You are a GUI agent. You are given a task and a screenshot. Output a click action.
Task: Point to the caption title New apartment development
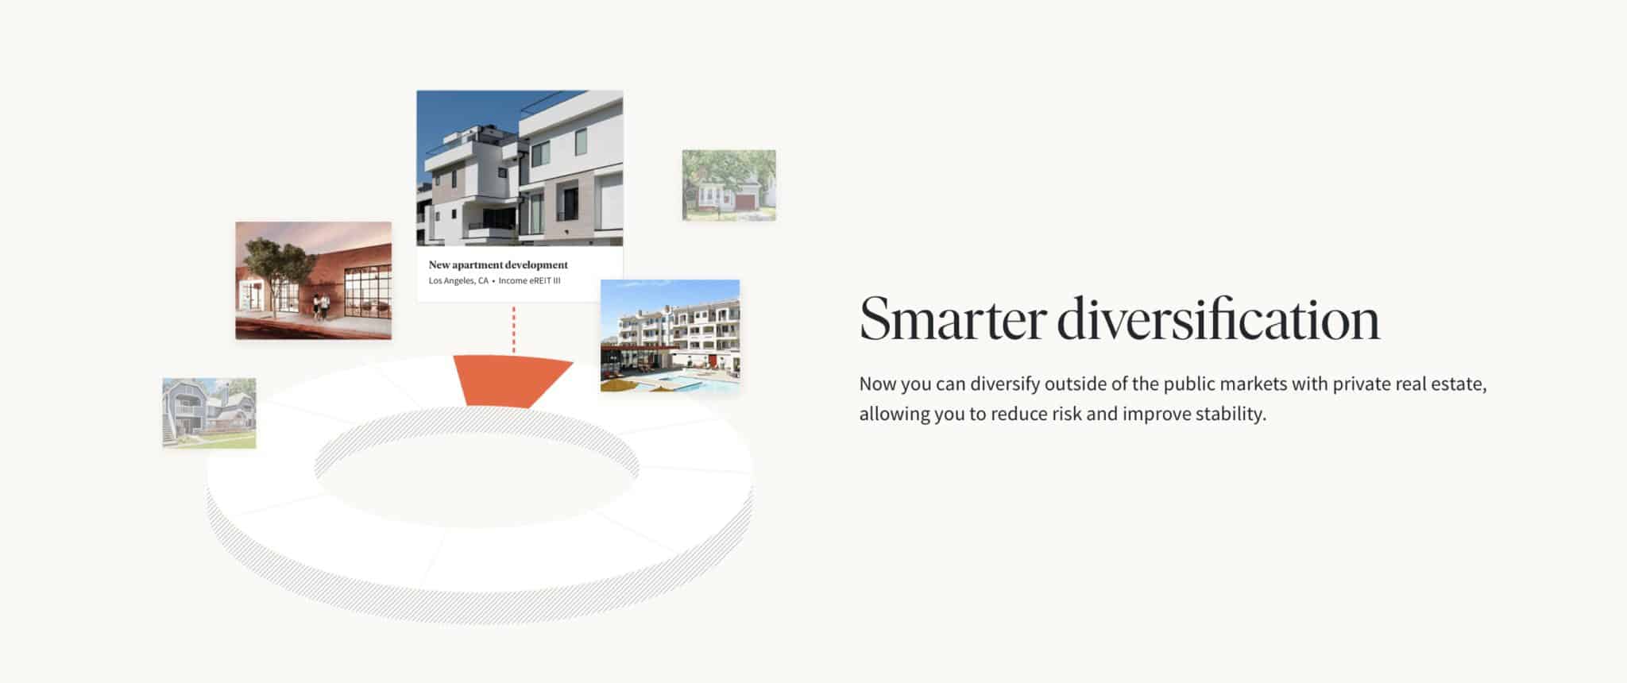pyautogui.click(x=498, y=264)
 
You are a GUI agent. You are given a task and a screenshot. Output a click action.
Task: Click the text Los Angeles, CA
pyautogui.click(x=458, y=281)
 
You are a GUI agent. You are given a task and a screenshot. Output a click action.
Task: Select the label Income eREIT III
pyautogui.click(x=530, y=281)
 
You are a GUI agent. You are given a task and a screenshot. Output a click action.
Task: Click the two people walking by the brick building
pyautogui.click(x=319, y=307)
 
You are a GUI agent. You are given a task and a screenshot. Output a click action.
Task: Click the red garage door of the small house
pyautogui.click(x=744, y=202)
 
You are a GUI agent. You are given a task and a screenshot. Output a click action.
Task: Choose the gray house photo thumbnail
pyautogui.click(x=210, y=413)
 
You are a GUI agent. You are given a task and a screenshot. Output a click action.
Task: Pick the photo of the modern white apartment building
pyautogui.click(x=520, y=168)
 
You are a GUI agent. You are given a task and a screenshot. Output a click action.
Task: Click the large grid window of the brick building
pyautogui.click(x=368, y=294)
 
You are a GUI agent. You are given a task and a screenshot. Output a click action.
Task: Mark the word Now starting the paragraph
pyautogui.click(x=878, y=384)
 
